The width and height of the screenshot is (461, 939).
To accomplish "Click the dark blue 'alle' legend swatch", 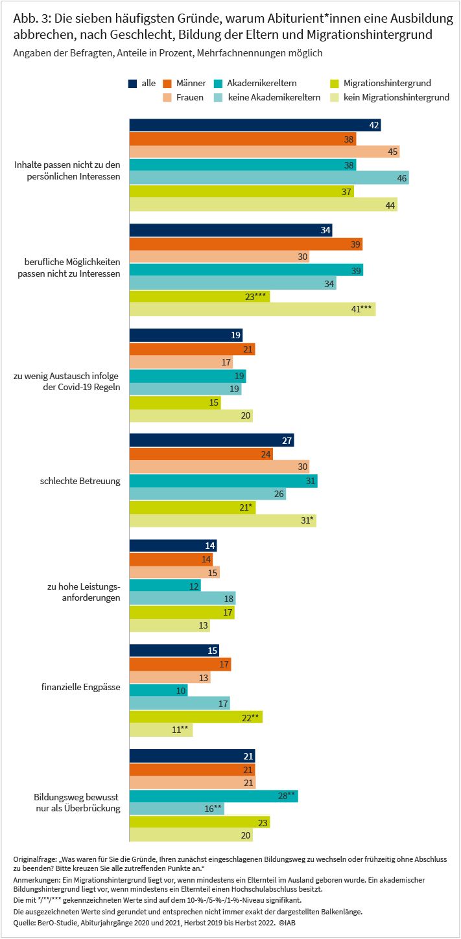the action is [x=132, y=84].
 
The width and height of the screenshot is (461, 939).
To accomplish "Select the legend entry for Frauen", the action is [x=183, y=98].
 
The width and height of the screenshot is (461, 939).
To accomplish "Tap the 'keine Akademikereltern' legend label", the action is [x=274, y=98].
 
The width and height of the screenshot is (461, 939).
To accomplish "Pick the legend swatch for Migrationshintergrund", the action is [x=335, y=84].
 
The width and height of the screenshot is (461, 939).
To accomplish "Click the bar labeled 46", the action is [x=269, y=178].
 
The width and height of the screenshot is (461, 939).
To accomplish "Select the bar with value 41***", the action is [x=252, y=309].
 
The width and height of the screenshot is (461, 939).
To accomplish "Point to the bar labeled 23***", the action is [x=200, y=296].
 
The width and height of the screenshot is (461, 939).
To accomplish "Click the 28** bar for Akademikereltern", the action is [x=213, y=795].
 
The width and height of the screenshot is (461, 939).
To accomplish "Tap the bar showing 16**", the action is [x=176, y=809].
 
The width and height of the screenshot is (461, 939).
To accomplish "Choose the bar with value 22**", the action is [x=196, y=717].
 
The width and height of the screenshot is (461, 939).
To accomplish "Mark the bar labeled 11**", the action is [x=161, y=730].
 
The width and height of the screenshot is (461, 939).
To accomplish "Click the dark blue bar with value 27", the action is [x=212, y=440].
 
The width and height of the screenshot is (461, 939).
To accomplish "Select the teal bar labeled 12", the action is [x=165, y=585].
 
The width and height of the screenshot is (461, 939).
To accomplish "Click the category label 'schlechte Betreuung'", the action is [x=80, y=481].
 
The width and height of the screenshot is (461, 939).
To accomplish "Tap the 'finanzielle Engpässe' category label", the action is [x=80, y=687].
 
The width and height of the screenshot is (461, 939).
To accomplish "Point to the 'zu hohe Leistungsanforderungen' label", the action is [x=84, y=592].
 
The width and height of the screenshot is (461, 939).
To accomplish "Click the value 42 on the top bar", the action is [x=373, y=125].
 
